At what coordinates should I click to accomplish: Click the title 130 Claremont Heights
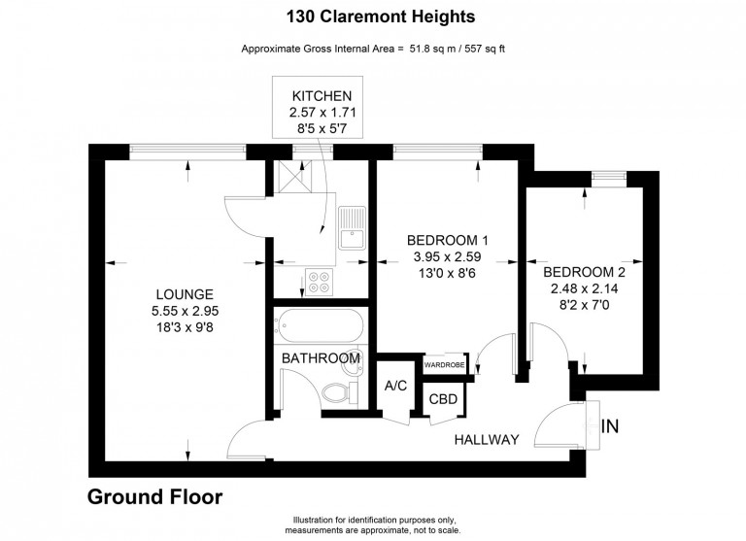tap(380, 17)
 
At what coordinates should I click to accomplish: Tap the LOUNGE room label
tap(185, 294)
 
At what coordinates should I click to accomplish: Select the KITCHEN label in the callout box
tap(322, 96)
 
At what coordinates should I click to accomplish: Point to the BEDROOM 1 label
tap(447, 240)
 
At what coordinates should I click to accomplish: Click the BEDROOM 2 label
tap(584, 272)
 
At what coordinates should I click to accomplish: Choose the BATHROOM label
tap(321, 357)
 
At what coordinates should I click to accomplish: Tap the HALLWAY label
tap(487, 440)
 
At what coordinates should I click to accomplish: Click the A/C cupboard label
tap(396, 386)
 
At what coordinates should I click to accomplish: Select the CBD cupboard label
tap(443, 399)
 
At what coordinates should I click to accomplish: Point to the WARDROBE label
tap(444, 365)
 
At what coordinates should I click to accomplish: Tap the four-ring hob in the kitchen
tap(320, 283)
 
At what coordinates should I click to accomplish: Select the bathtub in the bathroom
tap(319, 325)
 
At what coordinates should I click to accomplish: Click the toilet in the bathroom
tap(341, 393)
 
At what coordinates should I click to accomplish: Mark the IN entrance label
tap(610, 426)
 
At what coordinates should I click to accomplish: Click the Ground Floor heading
tap(154, 496)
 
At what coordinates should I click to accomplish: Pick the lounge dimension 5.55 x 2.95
tap(186, 311)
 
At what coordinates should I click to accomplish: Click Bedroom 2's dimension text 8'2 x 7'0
tap(584, 305)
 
